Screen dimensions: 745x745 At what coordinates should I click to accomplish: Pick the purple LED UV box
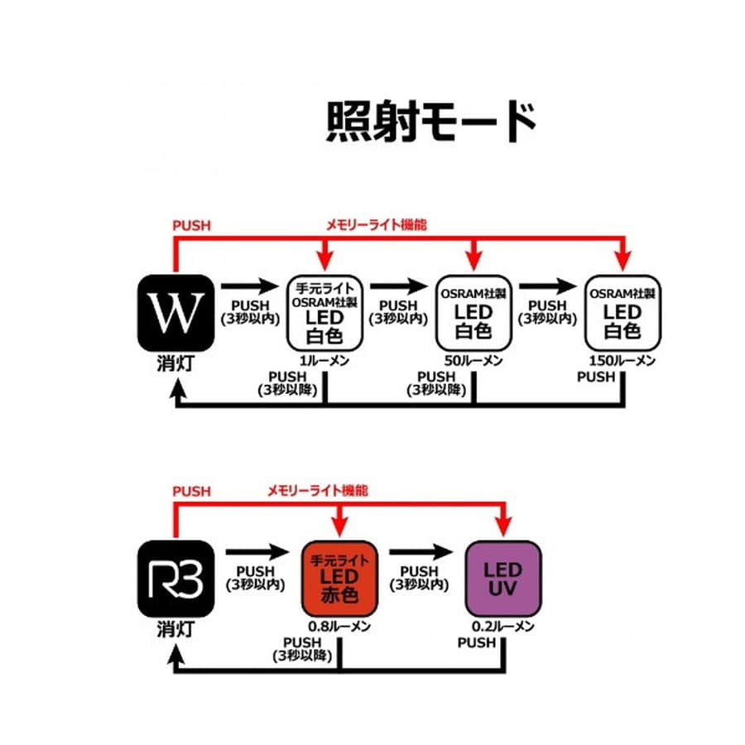point(503,577)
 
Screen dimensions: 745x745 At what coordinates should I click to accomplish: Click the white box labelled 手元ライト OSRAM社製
point(324,312)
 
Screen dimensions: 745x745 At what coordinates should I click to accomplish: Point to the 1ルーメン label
point(324,361)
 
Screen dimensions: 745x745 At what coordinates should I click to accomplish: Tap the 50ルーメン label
point(473,361)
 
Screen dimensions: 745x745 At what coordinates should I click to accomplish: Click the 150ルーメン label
point(622,361)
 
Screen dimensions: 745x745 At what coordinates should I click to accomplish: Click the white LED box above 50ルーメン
point(473,312)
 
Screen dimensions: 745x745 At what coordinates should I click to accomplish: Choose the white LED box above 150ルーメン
point(622,312)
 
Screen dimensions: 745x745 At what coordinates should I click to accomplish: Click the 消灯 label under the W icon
point(175,364)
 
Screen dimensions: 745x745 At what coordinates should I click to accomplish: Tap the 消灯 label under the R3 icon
point(175,629)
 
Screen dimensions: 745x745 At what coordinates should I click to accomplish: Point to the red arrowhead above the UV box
point(503,528)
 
